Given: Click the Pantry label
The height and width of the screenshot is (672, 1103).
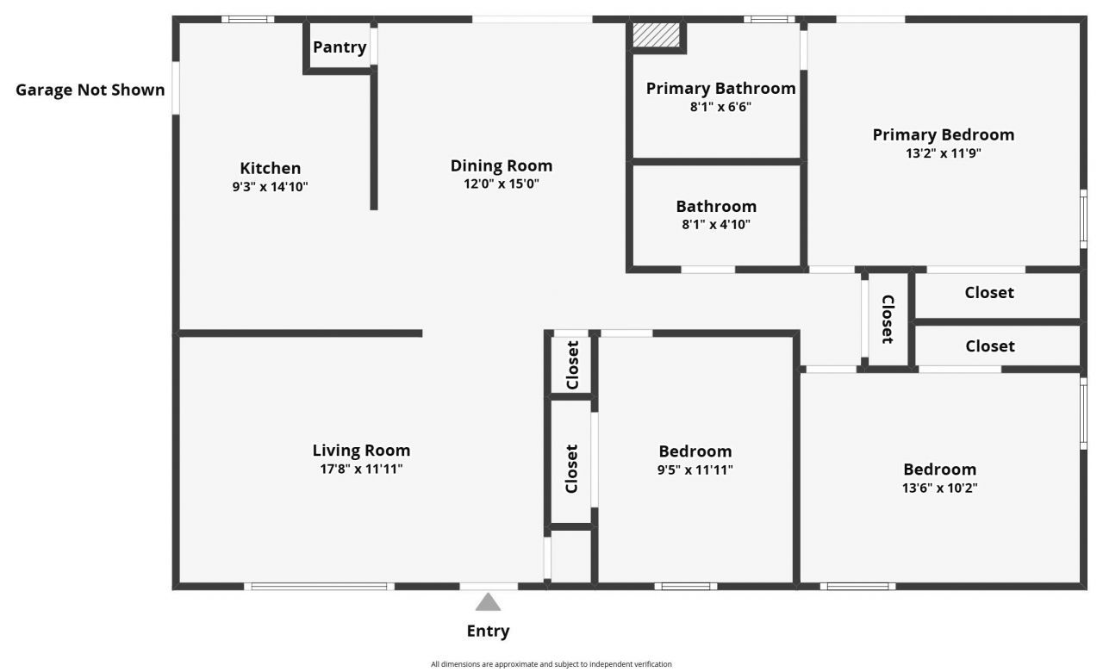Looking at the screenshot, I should pos(340,47).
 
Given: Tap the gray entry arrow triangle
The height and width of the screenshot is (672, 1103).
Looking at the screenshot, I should pos(488,601).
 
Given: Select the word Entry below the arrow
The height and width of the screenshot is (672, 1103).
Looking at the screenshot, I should pos(488,631).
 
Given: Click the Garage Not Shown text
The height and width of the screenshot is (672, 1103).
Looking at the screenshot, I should pos(90,90).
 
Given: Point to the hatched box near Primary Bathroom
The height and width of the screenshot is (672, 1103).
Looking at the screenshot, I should pos(657,35).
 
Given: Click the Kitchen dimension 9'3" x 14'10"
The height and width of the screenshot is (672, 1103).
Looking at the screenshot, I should pos(270,186).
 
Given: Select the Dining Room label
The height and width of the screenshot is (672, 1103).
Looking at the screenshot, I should pos(502,165).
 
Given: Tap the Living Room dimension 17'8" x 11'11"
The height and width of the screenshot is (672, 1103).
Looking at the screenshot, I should pos(361,469).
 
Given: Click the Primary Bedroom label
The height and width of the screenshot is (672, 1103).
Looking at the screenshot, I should pos(943,134).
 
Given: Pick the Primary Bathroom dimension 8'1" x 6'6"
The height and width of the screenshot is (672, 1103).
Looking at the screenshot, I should pos(720,107).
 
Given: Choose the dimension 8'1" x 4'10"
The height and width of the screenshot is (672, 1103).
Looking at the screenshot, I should pos(716,225).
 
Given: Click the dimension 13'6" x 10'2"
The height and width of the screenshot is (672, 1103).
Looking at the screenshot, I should pos(939,488).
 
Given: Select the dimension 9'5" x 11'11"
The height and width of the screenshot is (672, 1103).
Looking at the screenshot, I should pos(695,470).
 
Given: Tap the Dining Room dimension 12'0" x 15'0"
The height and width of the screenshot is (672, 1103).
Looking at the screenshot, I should pos(502,184).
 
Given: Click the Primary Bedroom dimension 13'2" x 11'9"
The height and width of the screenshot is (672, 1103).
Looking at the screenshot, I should pos(943,153).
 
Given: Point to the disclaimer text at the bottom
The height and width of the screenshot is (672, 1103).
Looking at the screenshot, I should pos(551,664).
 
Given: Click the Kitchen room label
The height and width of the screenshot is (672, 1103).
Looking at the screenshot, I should pos(270,168).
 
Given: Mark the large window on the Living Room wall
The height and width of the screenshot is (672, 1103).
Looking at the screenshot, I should pos(319,587).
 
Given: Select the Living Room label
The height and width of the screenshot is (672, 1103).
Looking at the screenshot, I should pos(361,451).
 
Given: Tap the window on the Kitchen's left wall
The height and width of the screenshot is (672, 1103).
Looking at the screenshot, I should pos(176,87).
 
